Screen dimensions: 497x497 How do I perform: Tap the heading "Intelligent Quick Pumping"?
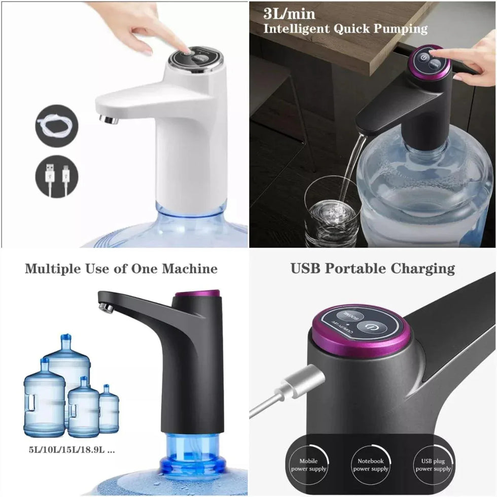coord(345,28)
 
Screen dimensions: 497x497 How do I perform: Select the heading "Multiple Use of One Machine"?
coord(121,268)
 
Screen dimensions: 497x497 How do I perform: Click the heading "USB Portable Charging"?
coord(373,268)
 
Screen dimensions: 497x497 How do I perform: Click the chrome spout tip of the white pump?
coord(109,119)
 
